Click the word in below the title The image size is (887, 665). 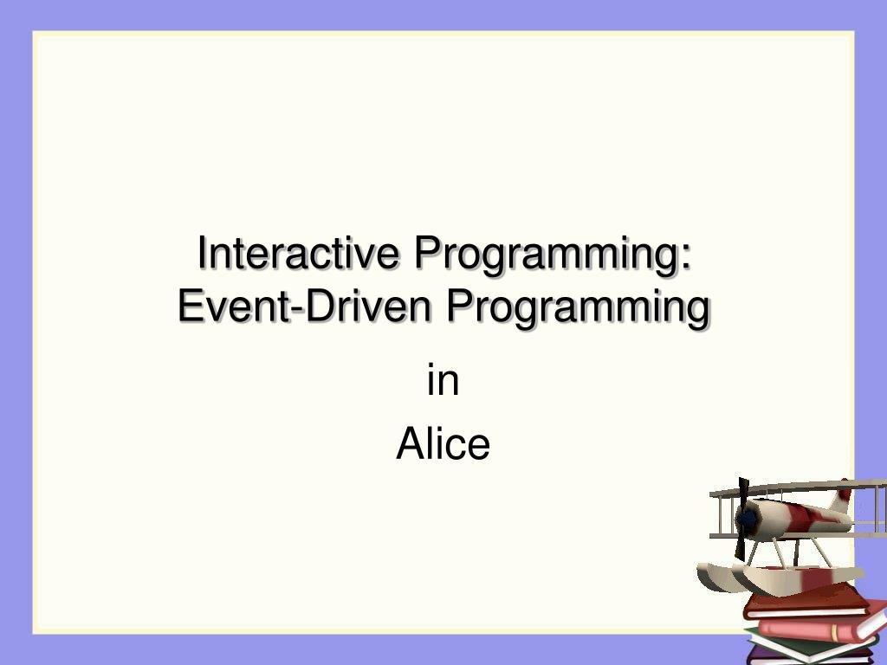(x=443, y=382)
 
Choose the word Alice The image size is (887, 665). (x=443, y=445)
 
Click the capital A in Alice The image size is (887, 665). (x=408, y=445)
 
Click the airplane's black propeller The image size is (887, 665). (x=742, y=494)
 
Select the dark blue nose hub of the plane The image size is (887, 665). (x=747, y=520)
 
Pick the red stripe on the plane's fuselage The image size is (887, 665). (x=801, y=517)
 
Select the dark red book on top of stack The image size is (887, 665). (x=806, y=600)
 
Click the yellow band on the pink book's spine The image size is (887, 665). (x=834, y=634)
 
